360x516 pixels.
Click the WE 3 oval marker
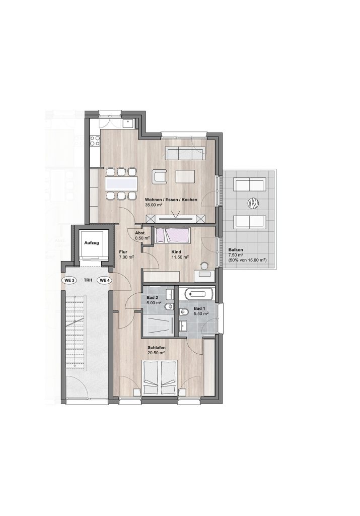coord(69,280)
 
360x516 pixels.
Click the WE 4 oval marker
coord(104,280)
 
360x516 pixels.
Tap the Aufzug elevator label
coord(92,243)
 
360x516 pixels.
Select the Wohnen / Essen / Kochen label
coord(171,200)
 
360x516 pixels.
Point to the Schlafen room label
coord(157,348)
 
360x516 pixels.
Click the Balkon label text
coord(236,250)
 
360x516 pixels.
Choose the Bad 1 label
coord(199,308)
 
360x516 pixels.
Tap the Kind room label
coord(176,252)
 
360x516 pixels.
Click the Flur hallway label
coord(123,252)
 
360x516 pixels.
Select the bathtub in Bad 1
coord(199,294)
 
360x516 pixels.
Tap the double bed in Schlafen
coord(160,377)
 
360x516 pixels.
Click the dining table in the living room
coord(121,183)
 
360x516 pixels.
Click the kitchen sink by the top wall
coord(128,123)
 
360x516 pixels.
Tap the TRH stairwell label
coord(88,281)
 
